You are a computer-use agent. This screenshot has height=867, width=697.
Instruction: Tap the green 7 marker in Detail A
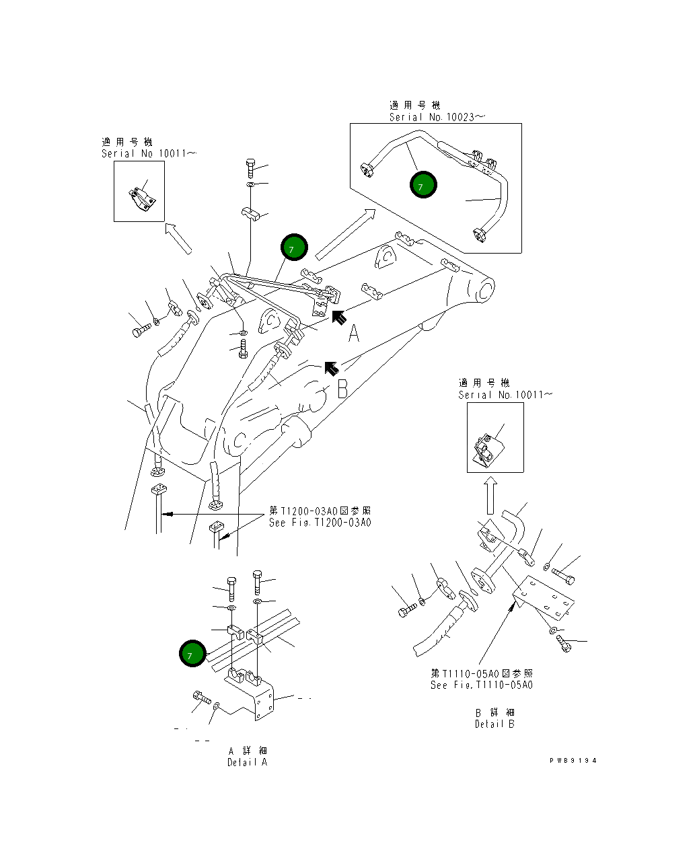[192, 654]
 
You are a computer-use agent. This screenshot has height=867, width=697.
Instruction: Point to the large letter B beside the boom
[342, 388]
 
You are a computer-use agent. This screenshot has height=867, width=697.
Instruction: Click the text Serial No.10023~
[437, 117]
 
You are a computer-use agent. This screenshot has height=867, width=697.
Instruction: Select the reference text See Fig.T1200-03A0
[320, 523]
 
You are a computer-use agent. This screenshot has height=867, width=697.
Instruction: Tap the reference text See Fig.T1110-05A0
[482, 685]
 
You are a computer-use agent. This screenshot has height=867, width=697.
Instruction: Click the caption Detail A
[247, 762]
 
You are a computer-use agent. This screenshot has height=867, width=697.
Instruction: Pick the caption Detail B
[494, 724]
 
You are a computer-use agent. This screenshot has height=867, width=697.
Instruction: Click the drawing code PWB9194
[573, 761]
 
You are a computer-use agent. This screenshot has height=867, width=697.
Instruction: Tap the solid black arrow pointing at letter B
[330, 367]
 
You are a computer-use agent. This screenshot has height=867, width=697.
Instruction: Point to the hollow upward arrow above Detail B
[491, 496]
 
